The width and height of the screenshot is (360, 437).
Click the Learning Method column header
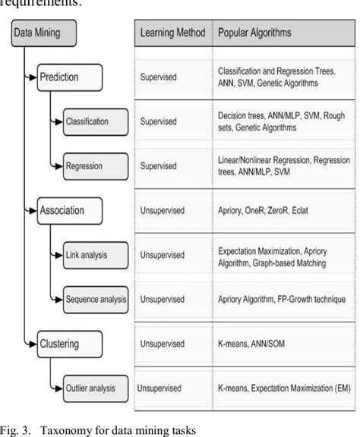(x=172, y=33)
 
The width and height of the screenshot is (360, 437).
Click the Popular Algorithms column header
(x=257, y=33)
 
